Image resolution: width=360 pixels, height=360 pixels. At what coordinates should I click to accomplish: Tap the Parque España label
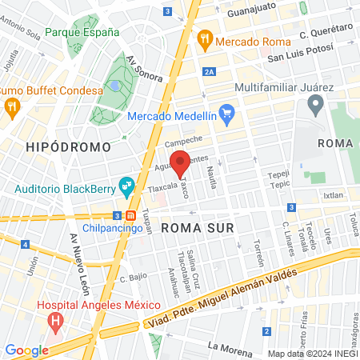(82, 33)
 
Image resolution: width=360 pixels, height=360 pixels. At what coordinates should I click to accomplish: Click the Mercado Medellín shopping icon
(226, 115)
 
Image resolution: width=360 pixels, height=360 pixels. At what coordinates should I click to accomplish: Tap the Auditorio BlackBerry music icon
(126, 188)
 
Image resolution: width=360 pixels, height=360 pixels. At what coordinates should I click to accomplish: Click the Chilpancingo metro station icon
(130, 215)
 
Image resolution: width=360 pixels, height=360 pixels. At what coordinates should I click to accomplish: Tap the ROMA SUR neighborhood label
(198, 228)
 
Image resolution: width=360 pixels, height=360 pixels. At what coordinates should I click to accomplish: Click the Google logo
(26, 350)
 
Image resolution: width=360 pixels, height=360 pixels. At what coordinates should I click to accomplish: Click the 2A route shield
(209, 71)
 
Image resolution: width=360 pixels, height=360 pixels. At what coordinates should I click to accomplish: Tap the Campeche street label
(184, 141)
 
